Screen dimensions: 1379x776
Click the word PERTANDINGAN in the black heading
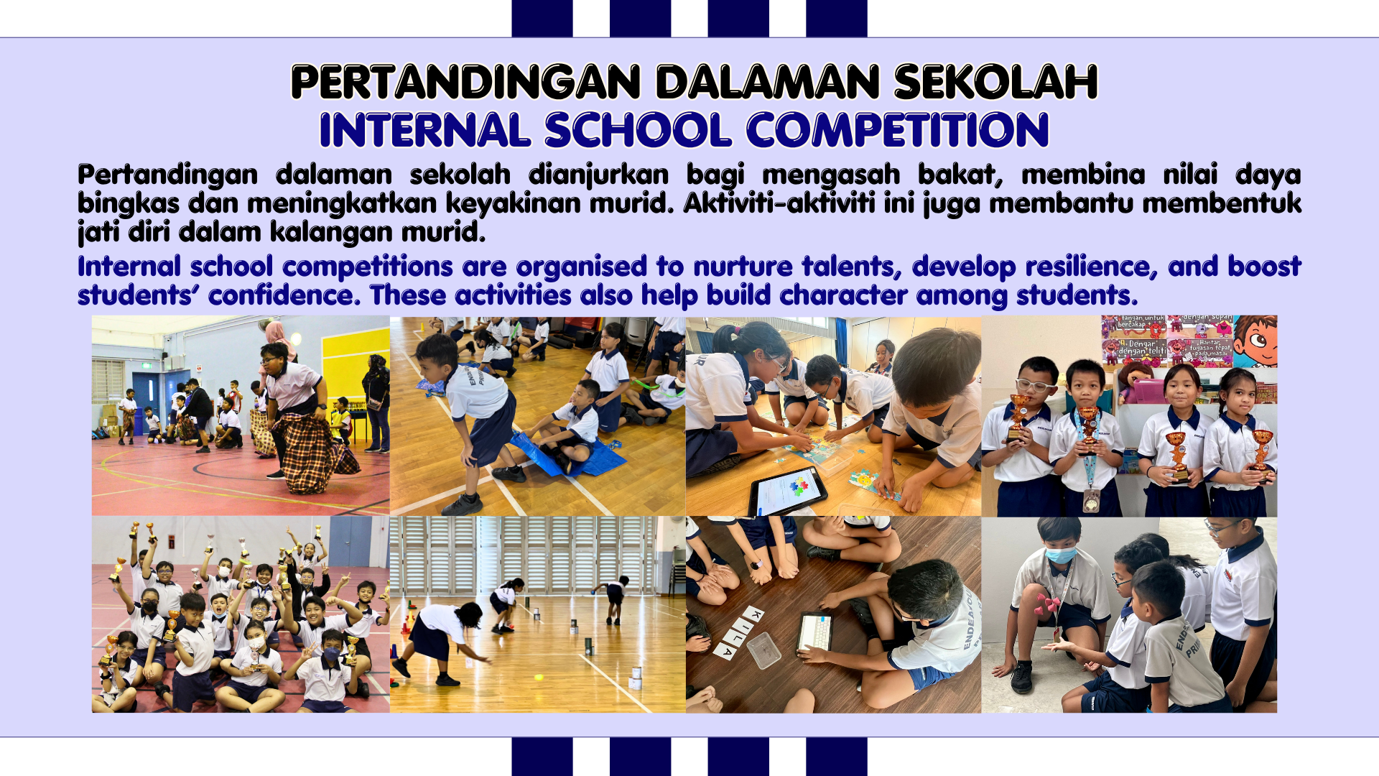click(x=465, y=82)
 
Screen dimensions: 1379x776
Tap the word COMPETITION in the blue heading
click(x=898, y=130)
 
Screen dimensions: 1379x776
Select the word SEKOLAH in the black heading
click(x=995, y=82)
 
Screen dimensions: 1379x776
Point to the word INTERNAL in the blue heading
click(x=425, y=130)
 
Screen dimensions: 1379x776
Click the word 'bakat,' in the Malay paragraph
click(x=960, y=175)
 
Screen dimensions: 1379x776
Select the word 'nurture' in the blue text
click(x=743, y=267)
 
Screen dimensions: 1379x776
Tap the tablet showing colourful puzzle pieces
click(x=788, y=491)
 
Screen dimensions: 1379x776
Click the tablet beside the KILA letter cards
click(x=814, y=632)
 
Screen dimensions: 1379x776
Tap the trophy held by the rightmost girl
click(x=1262, y=450)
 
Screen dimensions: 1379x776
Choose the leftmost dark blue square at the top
click(x=542, y=19)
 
